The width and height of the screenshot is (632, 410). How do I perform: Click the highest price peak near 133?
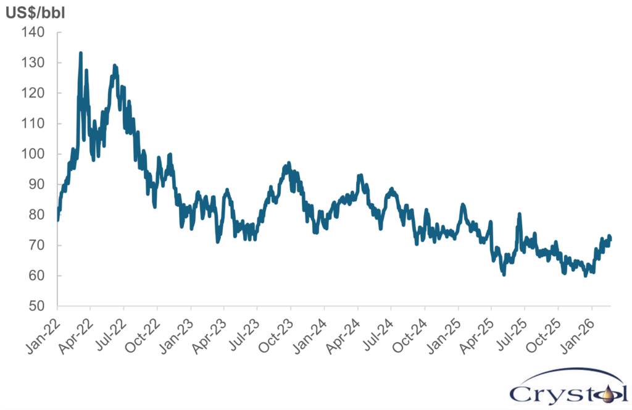pos(81,54)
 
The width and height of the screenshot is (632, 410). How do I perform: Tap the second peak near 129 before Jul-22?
pos(115,65)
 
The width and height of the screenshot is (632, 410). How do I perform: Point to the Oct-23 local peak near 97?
pos(288,164)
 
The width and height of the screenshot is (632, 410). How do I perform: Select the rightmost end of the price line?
pos(610,240)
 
